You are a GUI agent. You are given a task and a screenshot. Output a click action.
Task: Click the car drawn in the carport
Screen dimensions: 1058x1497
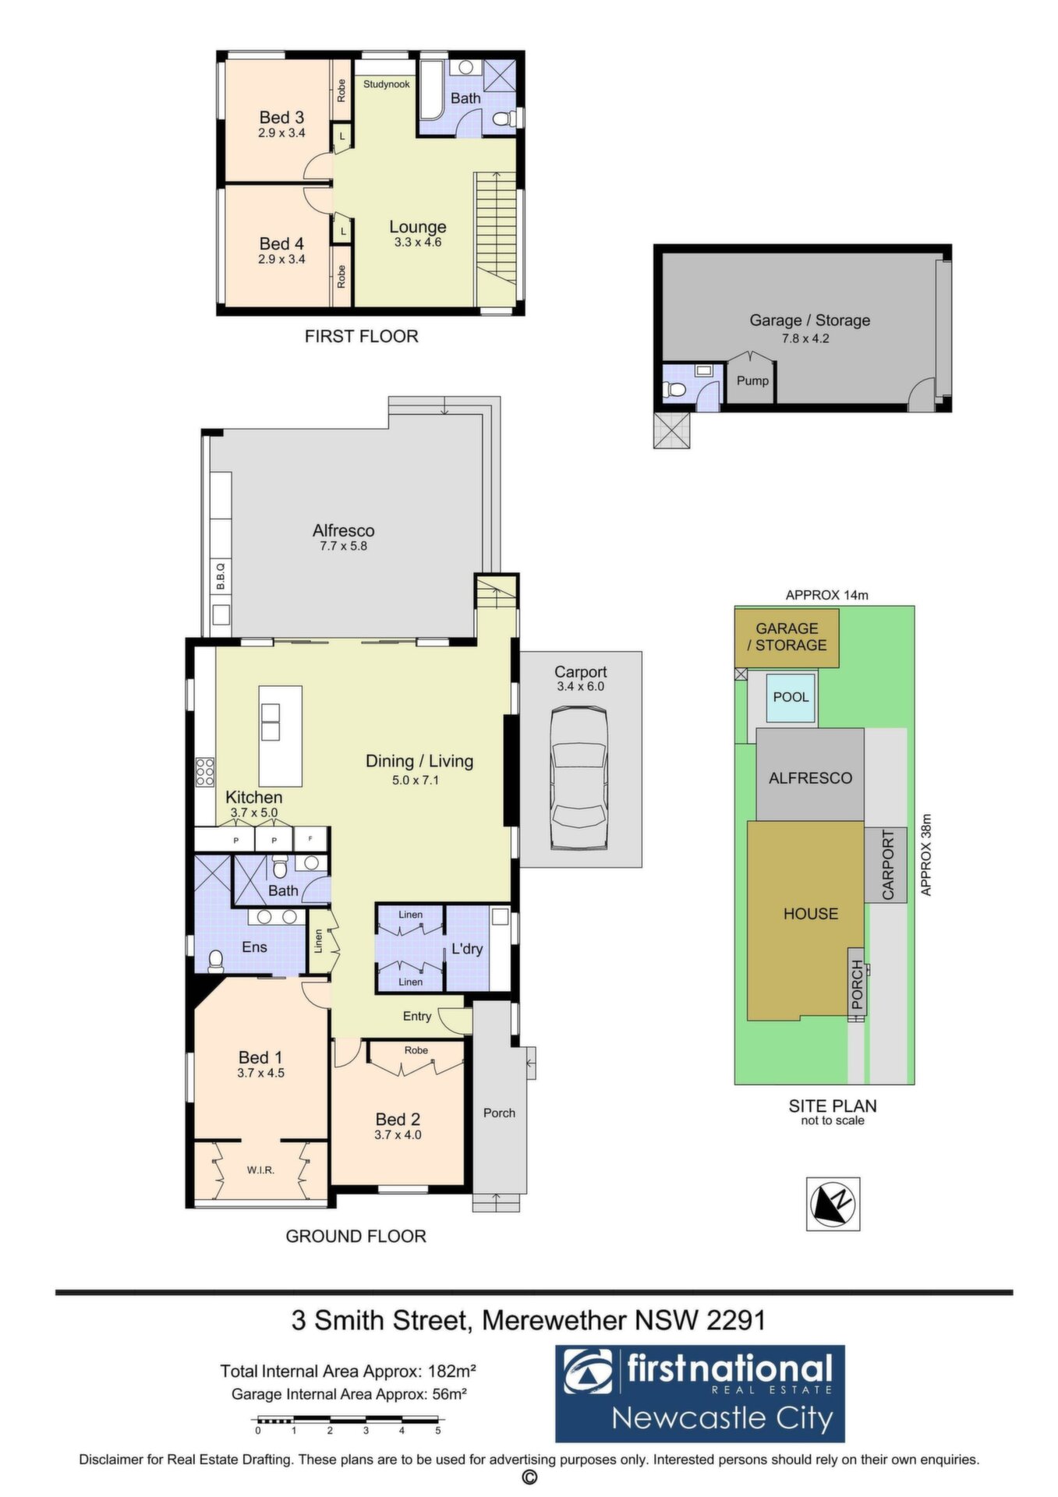pos(579,777)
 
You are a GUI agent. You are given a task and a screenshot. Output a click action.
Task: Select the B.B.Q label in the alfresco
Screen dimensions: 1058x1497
pos(221,576)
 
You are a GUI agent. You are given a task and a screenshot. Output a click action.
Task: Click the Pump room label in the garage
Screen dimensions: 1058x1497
pos(752,380)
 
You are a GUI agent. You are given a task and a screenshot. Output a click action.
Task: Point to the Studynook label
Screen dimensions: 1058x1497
pos(387,84)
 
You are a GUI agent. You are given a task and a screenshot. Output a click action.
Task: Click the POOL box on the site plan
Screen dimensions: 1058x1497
pos(791,697)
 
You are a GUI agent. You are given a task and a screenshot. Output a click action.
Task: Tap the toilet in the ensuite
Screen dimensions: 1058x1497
pos(214,960)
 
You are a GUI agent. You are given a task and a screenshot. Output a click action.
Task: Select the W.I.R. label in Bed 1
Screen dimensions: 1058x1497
pos(260,1170)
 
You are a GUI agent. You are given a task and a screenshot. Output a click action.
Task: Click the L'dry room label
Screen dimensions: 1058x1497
pos(468,949)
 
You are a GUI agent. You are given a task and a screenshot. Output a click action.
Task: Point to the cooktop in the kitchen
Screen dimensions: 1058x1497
pos(205,771)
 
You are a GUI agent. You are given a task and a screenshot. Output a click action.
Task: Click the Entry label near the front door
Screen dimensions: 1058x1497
pos(417,1016)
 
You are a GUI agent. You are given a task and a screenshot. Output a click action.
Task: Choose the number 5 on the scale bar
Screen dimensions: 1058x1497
pos(438,1430)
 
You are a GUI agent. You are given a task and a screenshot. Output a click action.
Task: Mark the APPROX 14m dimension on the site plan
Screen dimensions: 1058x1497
pos(826,595)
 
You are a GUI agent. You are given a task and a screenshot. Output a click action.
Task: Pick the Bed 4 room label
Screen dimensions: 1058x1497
pos(281,244)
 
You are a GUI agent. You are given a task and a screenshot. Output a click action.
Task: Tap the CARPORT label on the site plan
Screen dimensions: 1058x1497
pos(888,865)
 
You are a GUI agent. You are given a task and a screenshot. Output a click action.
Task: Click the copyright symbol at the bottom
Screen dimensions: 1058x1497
pos(529,1478)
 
